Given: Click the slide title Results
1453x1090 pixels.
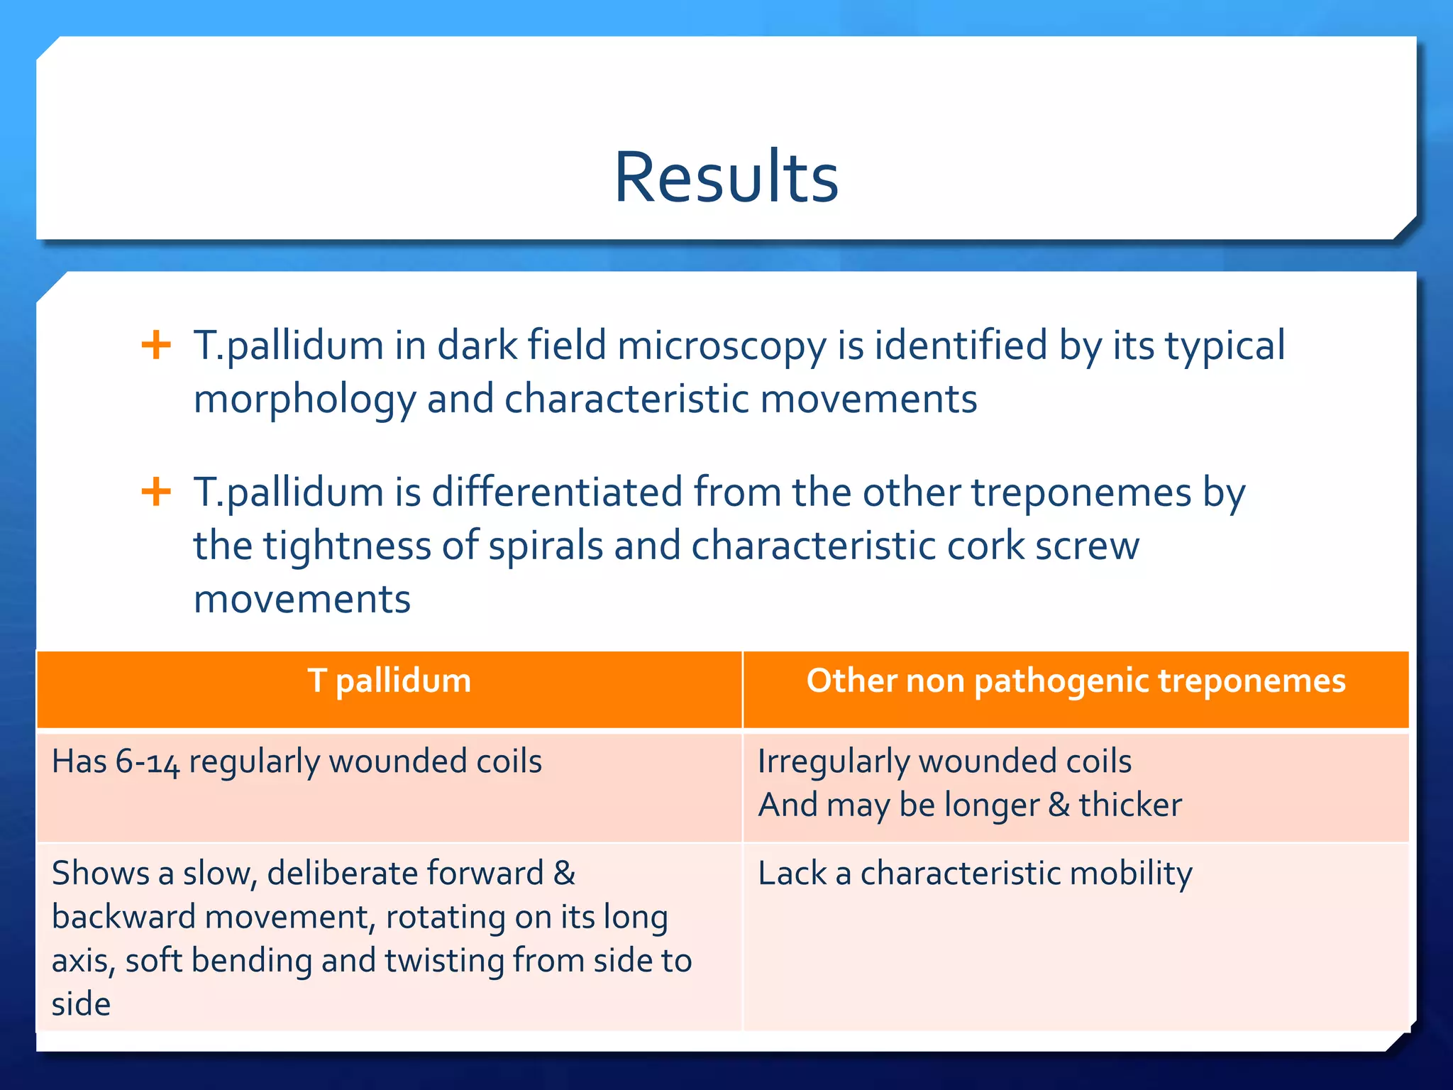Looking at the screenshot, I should pyautogui.click(x=726, y=177).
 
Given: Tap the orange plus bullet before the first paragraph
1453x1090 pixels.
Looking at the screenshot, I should pyautogui.click(x=156, y=346).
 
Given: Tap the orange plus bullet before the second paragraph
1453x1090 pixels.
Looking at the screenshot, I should pyautogui.click(x=156, y=492).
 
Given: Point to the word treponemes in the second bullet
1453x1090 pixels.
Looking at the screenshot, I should pyautogui.click(x=1081, y=492).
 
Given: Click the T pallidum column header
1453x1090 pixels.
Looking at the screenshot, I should pyautogui.click(x=389, y=681).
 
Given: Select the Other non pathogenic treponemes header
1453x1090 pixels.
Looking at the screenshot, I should pyautogui.click(x=1076, y=681).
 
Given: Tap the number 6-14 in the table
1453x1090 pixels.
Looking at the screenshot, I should pyautogui.click(x=148, y=762).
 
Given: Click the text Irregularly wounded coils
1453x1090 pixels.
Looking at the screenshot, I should pyautogui.click(x=944, y=762).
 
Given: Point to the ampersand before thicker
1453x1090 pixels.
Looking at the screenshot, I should pyautogui.click(x=1059, y=805).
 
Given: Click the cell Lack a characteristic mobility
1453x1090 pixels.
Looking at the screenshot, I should pyautogui.click(x=975, y=874).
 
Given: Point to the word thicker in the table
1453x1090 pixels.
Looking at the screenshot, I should pyautogui.click(x=1130, y=805).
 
